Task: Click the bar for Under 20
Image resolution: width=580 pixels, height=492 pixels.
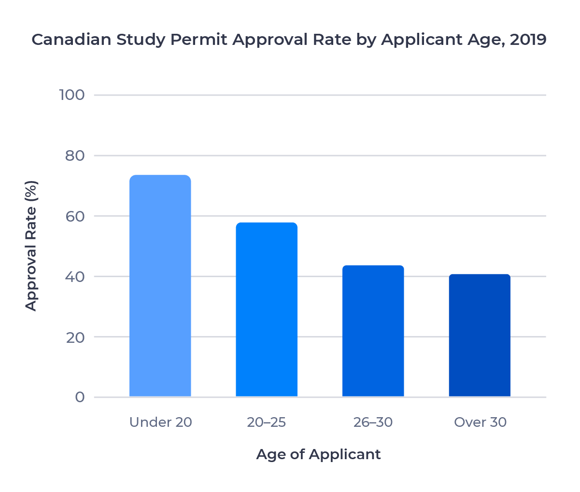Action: tap(160, 286)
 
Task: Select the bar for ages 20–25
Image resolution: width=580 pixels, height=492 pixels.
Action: tap(267, 309)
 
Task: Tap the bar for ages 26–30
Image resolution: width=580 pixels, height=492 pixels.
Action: tap(373, 331)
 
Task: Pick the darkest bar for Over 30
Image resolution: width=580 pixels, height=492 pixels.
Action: tap(480, 335)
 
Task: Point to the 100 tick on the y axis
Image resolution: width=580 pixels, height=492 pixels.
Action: tap(72, 95)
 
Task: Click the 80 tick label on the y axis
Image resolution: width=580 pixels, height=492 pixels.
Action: tap(74, 155)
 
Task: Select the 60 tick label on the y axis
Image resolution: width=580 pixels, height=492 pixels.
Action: tap(74, 216)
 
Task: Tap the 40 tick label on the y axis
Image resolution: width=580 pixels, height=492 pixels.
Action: tap(74, 277)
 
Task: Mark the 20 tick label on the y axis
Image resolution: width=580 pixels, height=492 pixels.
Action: tap(74, 337)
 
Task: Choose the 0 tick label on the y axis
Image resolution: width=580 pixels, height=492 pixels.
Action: tap(80, 397)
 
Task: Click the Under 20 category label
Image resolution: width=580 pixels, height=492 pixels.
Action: tap(160, 422)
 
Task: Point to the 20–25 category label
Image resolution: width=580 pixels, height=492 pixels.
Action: tap(267, 422)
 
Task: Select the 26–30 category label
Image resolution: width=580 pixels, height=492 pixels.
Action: tap(373, 422)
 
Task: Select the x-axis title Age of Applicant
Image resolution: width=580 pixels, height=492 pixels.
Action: tap(318, 455)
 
